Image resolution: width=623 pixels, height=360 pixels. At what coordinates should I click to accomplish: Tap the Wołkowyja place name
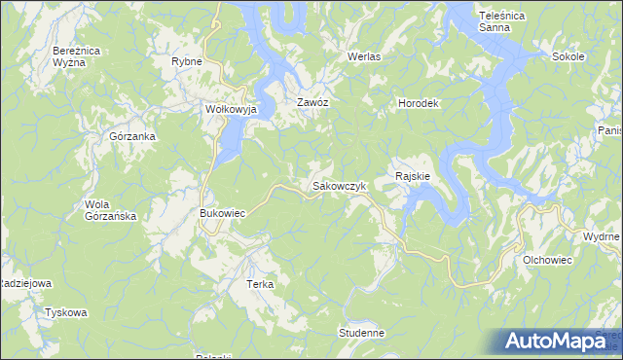[230, 110]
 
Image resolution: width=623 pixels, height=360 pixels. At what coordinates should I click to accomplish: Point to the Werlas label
[364, 57]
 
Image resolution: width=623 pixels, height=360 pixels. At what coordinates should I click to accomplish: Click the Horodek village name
[421, 103]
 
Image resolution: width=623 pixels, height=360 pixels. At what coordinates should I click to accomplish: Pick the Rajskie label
[414, 176]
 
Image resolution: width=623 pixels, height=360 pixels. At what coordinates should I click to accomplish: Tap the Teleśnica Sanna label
[502, 21]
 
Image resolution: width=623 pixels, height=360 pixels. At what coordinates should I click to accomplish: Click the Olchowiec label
[546, 261]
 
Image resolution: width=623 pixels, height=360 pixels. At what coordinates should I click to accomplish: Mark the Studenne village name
[361, 333]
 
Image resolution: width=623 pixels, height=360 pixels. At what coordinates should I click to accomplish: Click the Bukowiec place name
[221, 212]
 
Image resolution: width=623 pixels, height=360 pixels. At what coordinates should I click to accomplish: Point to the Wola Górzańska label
[110, 210]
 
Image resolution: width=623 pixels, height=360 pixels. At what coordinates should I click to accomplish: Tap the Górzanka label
[133, 137]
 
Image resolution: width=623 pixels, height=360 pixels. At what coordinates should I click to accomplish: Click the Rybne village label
[186, 61]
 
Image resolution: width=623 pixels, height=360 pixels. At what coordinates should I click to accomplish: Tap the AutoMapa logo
[561, 342]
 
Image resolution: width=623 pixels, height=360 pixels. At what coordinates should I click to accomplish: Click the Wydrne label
[601, 237]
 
